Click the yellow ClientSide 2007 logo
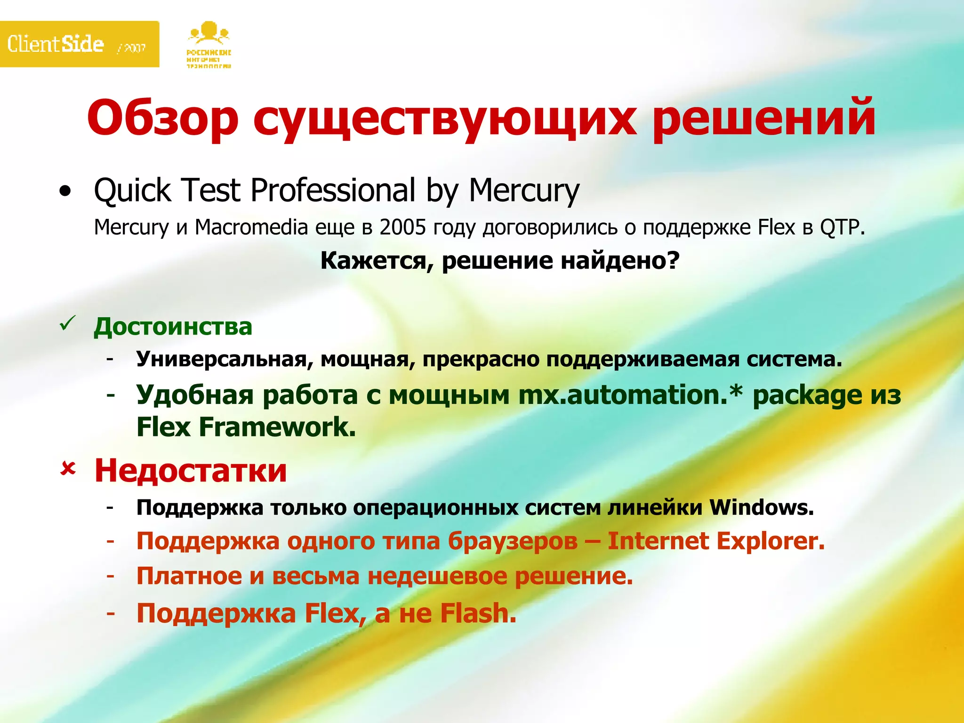[x=79, y=44]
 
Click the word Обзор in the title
[x=163, y=118]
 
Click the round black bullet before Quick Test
[x=65, y=192]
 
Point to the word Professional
[x=333, y=191]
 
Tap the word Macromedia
[x=251, y=228]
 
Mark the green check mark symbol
[x=68, y=324]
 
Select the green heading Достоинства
[x=173, y=327]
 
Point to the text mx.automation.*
[x=630, y=394]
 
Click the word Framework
[x=277, y=427]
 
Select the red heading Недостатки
[x=191, y=470]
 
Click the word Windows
[x=761, y=507]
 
